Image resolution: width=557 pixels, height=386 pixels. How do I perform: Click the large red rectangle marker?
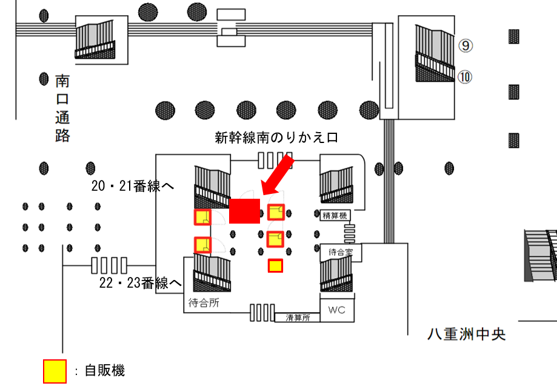click(x=245, y=211)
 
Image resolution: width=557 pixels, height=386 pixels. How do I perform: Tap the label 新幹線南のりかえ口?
click(x=276, y=138)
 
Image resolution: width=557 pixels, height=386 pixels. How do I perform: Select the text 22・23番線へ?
click(x=140, y=283)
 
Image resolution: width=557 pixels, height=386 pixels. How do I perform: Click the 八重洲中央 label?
click(x=466, y=334)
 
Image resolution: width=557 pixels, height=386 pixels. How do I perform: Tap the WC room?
click(x=336, y=310)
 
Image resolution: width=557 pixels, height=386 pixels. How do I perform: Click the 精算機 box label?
click(x=334, y=214)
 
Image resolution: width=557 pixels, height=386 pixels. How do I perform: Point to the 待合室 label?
click(x=340, y=251)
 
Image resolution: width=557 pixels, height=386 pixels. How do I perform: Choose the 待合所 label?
click(x=204, y=304)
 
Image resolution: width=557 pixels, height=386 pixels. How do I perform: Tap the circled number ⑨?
click(x=465, y=45)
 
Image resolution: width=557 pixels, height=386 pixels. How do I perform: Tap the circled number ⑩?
click(x=465, y=77)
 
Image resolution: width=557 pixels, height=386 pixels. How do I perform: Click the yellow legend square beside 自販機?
click(x=55, y=371)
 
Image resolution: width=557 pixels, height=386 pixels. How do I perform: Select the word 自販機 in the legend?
click(x=105, y=370)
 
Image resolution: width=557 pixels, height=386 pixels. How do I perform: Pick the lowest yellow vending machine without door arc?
click(x=275, y=265)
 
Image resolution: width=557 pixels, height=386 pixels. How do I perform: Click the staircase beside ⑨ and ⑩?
click(x=435, y=53)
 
